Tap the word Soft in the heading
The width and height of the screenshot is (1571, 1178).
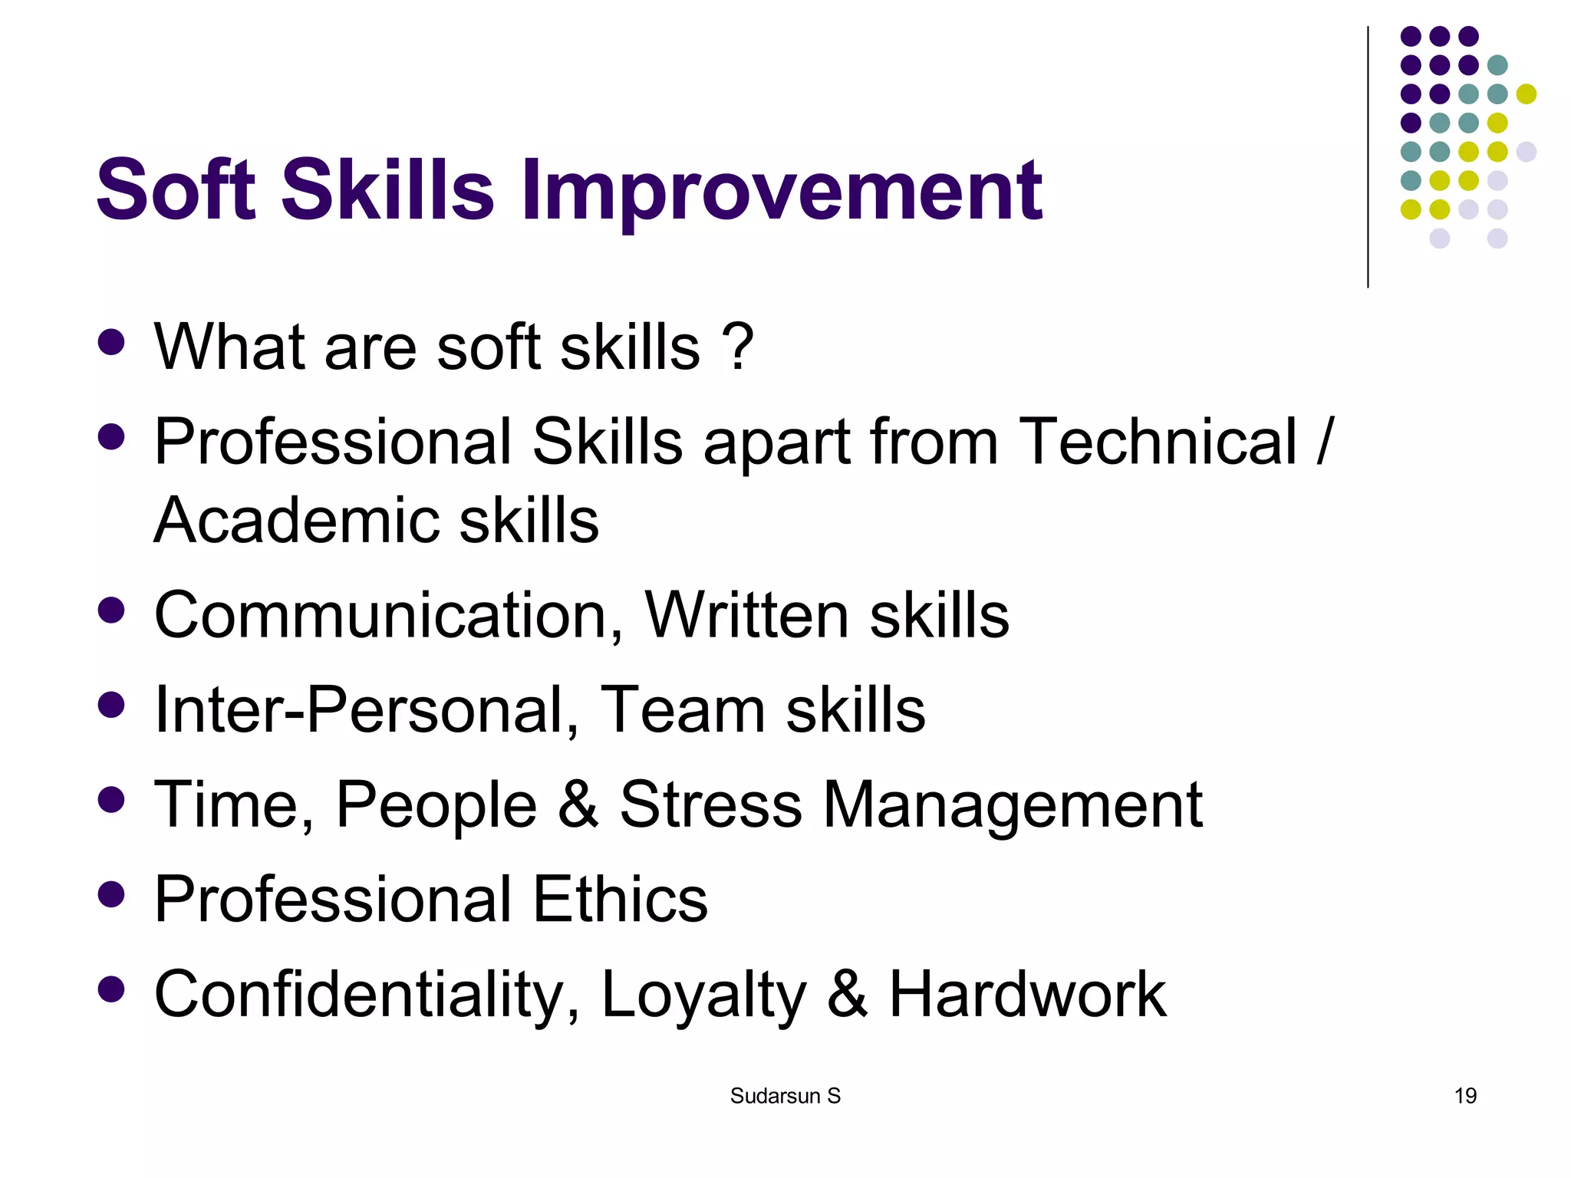[176, 190]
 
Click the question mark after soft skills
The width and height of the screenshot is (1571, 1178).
[738, 347]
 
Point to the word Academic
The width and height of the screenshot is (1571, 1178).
[295, 521]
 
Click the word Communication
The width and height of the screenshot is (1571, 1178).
[388, 615]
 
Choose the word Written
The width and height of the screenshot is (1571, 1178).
[746, 615]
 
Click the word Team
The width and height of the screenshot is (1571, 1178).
[682, 710]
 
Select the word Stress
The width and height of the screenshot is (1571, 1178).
[710, 805]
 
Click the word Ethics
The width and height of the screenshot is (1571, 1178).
[620, 899]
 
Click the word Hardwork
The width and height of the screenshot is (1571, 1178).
[1027, 994]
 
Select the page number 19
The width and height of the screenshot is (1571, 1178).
[1465, 1096]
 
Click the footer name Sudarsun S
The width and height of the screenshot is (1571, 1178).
[785, 1096]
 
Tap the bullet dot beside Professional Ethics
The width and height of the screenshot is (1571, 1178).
[112, 894]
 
